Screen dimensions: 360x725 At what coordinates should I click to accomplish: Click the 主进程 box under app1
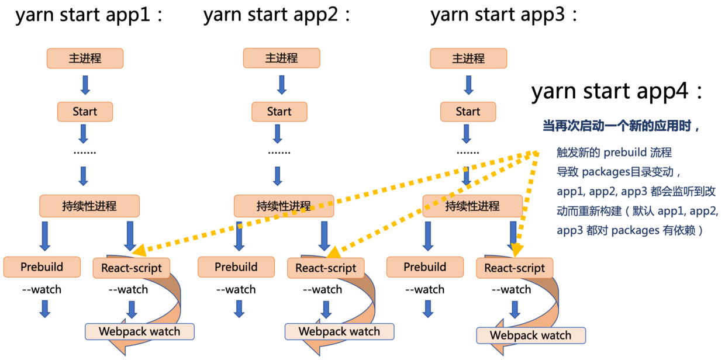click(x=85, y=58)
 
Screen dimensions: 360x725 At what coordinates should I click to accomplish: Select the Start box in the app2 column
click(x=279, y=112)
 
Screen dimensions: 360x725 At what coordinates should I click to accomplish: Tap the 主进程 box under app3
click(x=468, y=58)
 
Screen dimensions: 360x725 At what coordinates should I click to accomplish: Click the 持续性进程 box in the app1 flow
click(x=89, y=206)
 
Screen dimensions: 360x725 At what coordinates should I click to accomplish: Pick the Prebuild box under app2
click(x=236, y=267)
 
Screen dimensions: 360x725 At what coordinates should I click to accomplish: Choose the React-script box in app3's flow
click(x=515, y=268)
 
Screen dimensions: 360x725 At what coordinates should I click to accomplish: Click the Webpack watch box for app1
click(x=140, y=331)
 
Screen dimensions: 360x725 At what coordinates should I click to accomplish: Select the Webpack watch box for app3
click(x=530, y=335)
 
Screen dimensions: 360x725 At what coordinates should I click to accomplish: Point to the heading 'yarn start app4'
click(x=617, y=92)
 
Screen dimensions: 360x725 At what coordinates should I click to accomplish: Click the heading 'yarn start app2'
click(x=277, y=15)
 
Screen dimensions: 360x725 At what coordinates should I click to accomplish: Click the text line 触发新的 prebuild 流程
click(x=614, y=153)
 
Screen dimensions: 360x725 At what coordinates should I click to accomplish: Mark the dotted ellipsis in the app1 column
click(x=85, y=152)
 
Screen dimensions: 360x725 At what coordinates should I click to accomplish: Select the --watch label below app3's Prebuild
click(x=424, y=289)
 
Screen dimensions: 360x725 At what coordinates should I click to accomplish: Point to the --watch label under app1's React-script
click(x=128, y=289)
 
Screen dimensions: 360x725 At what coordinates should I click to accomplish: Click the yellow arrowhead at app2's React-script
click(x=333, y=252)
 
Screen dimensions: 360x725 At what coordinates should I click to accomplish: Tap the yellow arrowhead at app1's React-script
click(x=139, y=251)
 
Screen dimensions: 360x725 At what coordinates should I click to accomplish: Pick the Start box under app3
click(x=468, y=112)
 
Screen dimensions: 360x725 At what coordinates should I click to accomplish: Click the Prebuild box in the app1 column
click(x=42, y=267)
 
